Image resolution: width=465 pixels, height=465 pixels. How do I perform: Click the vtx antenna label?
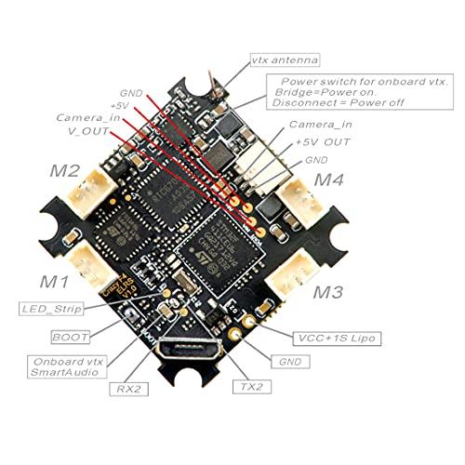[285, 60]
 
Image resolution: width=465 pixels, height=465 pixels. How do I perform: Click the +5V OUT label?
[323, 142]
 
